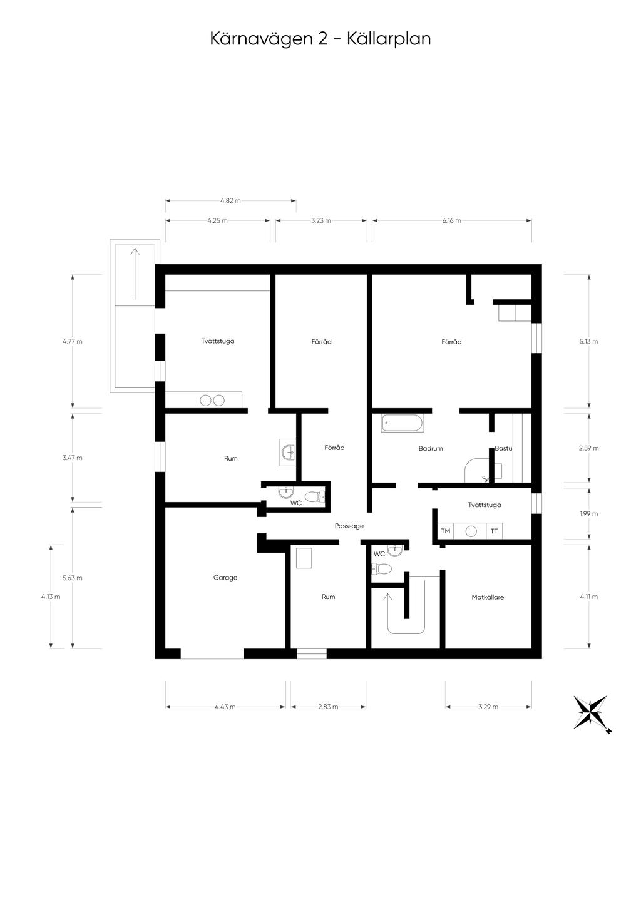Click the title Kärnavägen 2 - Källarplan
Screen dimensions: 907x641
pos(320,39)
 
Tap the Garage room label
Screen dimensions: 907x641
pos(225,578)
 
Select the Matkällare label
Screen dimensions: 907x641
pos(488,597)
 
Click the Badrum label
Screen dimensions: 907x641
pos(431,448)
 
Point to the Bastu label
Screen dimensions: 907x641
pos(503,448)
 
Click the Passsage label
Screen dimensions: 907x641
pos(349,526)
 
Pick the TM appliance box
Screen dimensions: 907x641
pos(446,531)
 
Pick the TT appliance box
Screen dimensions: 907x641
pos(494,531)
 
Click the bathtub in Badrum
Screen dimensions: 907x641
pos(403,423)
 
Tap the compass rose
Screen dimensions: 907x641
pos(591,712)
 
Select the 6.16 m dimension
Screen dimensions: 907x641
pos(451,220)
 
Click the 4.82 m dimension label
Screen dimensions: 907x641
pos(230,201)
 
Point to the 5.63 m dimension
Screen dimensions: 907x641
pos(73,578)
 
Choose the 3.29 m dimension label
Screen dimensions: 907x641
pos(488,707)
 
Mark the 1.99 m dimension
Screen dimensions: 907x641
pos(589,513)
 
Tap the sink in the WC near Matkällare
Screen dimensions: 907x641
pos(394,551)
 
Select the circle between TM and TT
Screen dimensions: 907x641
pos(471,531)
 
